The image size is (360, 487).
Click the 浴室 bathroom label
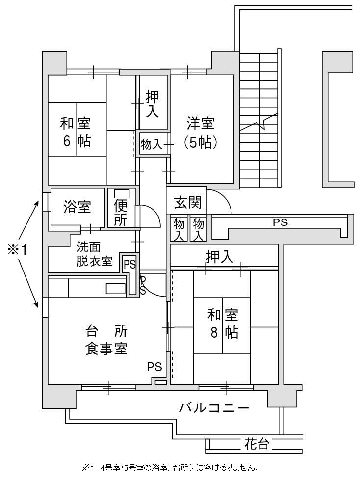(x=77, y=207)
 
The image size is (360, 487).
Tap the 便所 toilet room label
(x=121, y=213)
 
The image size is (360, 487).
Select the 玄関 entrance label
(x=188, y=202)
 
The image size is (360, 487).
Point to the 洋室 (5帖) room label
(x=201, y=134)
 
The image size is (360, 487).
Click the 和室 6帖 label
(x=76, y=133)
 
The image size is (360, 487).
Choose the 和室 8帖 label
(x=223, y=324)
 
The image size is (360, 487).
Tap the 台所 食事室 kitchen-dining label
(x=106, y=340)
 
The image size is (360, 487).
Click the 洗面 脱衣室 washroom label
(x=94, y=254)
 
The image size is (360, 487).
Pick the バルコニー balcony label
(x=214, y=407)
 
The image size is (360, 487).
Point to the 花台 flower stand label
(x=257, y=444)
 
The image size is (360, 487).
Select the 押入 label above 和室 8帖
(x=219, y=257)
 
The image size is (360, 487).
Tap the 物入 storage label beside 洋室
(x=152, y=144)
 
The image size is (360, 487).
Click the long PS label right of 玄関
(x=280, y=222)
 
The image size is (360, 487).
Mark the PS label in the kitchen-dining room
(x=154, y=367)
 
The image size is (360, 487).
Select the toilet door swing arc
(x=152, y=215)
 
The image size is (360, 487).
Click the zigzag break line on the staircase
(x=259, y=123)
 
